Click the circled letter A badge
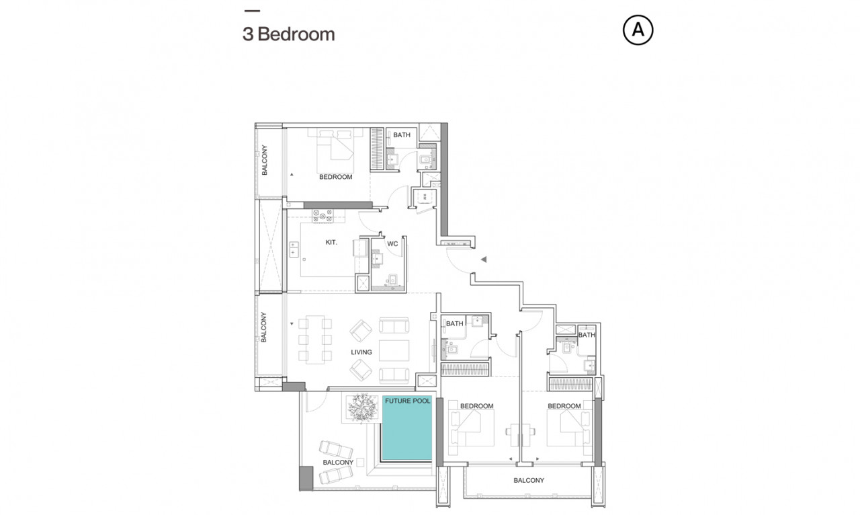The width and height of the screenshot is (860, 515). tap(638, 30)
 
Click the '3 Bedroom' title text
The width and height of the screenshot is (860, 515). tap(289, 34)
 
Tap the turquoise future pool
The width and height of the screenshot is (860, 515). tap(407, 428)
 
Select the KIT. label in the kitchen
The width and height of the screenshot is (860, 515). tap(331, 243)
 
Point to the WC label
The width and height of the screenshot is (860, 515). tap(392, 243)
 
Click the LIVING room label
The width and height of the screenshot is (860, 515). tap(361, 352)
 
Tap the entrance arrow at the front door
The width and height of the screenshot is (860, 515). tap(484, 260)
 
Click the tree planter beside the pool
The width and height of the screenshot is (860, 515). tap(361, 407)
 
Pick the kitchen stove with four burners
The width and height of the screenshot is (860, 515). tap(322, 216)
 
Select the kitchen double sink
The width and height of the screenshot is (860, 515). tap(294, 249)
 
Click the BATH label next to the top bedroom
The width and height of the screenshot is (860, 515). tap(402, 135)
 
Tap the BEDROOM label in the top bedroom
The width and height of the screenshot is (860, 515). tap(335, 177)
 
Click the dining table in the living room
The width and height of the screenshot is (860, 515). tap(315, 340)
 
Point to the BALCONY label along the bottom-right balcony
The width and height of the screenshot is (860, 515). tap(529, 481)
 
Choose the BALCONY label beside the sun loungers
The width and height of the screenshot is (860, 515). tap(338, 463)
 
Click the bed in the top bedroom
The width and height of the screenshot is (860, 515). tap(335, 151)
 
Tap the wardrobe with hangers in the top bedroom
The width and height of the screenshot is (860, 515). tap(377, 149)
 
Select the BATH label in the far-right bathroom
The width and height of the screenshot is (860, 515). tap(587, 335)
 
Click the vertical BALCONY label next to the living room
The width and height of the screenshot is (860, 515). tap(263, 327)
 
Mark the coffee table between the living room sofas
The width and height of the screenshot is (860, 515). tap(394, 350)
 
